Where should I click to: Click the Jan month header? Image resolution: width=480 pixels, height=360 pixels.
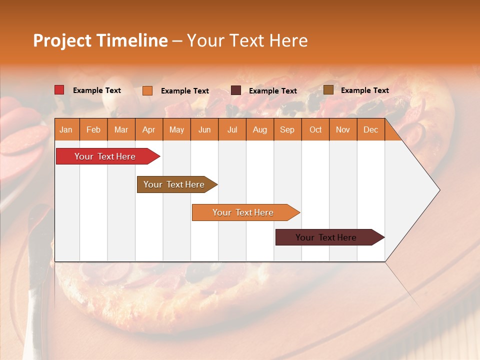pyautogui.click(x=66, y=130)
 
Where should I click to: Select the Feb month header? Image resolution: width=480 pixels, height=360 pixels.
pyautogui.click(x=93, y=130)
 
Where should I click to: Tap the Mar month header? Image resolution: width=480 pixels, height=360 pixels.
pyautogui.click(x=121, y=130)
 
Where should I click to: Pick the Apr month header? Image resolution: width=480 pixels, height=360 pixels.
pyautogui.click(x=148, y=130)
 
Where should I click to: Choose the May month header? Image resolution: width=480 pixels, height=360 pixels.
pyautogui.click(x=176, y=130)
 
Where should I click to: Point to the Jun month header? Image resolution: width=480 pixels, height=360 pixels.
pyautogui.click(x=204, y=130)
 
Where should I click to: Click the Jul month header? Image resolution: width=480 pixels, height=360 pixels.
pyautogui.click(x=232, y=130)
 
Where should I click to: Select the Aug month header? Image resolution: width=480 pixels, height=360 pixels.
pyautogui.click(x=259, y=130)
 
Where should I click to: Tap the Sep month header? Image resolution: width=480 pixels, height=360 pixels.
pyautogui.click(x=287, y=130)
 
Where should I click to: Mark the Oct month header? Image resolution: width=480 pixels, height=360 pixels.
pyautogui.click(x=315, y=130)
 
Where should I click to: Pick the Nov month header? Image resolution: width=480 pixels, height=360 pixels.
pyautogui.click(x=343, y=130)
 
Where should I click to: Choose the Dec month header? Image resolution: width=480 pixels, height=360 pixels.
pyautogui.click(x=370, y=130)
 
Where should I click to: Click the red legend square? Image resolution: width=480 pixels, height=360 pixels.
pyautogui.click(x=59, y=90)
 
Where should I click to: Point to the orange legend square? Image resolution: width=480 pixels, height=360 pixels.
pyautogui.click(x=147, y=90)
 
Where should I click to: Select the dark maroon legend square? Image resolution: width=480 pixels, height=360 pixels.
pyautogui.click(x=236, y=90)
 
